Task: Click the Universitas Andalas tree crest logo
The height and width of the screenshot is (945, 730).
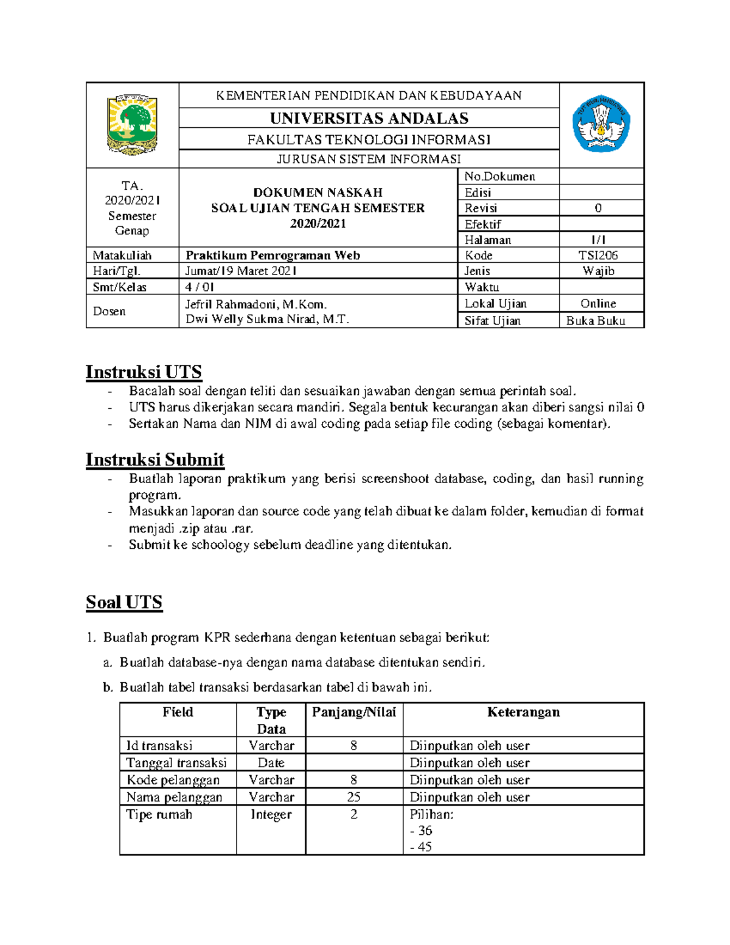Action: click(x=132, y=124)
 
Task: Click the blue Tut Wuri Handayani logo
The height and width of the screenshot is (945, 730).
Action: click(x=601, y=124)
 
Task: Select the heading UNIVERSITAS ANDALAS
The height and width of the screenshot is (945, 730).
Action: click(x=369, y=118)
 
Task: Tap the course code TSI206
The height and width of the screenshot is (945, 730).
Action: click(x=598, y=256)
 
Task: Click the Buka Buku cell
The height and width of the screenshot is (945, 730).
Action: click(x=596, y=321)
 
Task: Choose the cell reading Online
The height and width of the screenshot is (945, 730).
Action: click(x=598, y=304)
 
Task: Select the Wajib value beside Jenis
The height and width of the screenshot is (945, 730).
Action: click(x=598, y=271)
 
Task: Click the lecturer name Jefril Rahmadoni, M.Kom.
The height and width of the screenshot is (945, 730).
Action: click(x=256, y=304)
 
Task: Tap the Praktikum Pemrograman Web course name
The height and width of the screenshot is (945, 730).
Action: click(x=273, y=256)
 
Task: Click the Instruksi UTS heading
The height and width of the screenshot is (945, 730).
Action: click(x=144, y=372)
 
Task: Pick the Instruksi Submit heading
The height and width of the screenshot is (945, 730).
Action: click(x=155, y=459)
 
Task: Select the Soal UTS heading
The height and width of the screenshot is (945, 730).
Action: click(x=124, y=602)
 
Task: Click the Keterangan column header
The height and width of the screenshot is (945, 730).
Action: click(x=523, y=713)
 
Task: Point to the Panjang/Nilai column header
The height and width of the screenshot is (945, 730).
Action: click(x=353, y=713)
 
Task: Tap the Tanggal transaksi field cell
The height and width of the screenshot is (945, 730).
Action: click(x=176, y=763)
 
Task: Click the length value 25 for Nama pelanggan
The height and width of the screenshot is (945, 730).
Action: click(x=353, y=797)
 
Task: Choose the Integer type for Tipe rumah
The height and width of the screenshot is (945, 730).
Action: click(x=271, y=815)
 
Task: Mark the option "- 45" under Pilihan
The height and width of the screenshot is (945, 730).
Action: click(x=421, y=847)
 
